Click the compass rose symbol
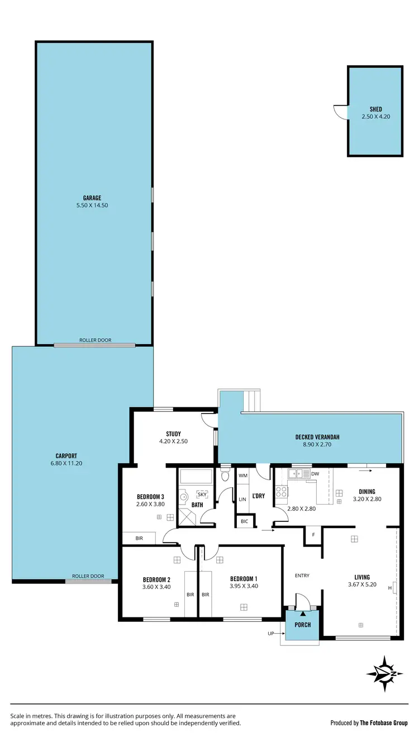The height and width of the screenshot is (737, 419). click(384, 674)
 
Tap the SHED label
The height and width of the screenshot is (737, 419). click(375, 110)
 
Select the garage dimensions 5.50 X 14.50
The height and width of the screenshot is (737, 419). click(92, 205)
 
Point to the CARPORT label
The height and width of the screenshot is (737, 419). click(66, 455)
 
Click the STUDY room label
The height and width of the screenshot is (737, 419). click(173, 434)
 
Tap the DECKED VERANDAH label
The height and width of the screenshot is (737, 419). click(317, 437)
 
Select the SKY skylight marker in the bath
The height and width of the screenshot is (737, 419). click(202, 494)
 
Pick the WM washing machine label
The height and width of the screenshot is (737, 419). click(243, 476)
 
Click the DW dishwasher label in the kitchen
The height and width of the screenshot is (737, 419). click(315, 474)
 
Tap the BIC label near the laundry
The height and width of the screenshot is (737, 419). click(244, 521)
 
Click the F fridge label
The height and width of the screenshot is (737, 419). click(313, 535)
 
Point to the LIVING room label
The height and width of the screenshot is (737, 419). click(361, 577)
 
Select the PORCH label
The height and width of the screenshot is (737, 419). click(303, 625)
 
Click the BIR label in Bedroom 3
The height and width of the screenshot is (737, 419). click(139, 539)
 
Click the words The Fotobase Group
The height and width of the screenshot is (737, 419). click(384, 722)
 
